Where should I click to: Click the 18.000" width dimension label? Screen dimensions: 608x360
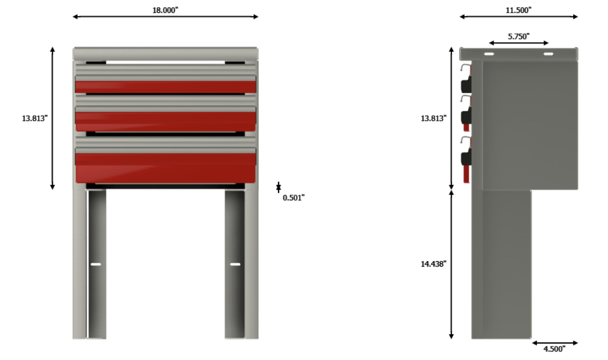coord(165,10)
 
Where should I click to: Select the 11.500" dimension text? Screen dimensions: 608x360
coord(519,10)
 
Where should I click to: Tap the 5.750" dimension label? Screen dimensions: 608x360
coord(519,37)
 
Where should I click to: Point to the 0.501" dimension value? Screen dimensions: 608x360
coord(293,197)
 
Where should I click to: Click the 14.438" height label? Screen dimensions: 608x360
coord(433,264)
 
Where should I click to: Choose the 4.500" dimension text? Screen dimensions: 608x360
coord(554,349)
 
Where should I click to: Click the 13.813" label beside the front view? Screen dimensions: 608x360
coord(34,118)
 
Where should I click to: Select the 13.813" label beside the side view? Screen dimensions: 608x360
coord(433,118)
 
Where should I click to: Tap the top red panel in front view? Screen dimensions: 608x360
coord(165,87)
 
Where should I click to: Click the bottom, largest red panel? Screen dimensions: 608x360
coord(165,168)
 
